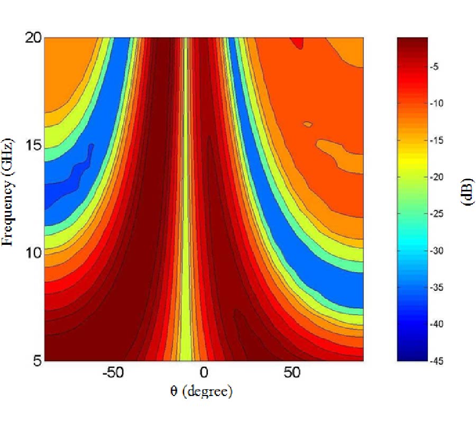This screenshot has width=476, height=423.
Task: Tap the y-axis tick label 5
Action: [35, 361]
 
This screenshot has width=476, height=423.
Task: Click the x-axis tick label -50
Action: [112, 373]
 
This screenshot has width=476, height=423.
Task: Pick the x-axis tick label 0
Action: [203, 373]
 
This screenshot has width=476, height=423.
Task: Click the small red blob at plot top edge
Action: [300, 42]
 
